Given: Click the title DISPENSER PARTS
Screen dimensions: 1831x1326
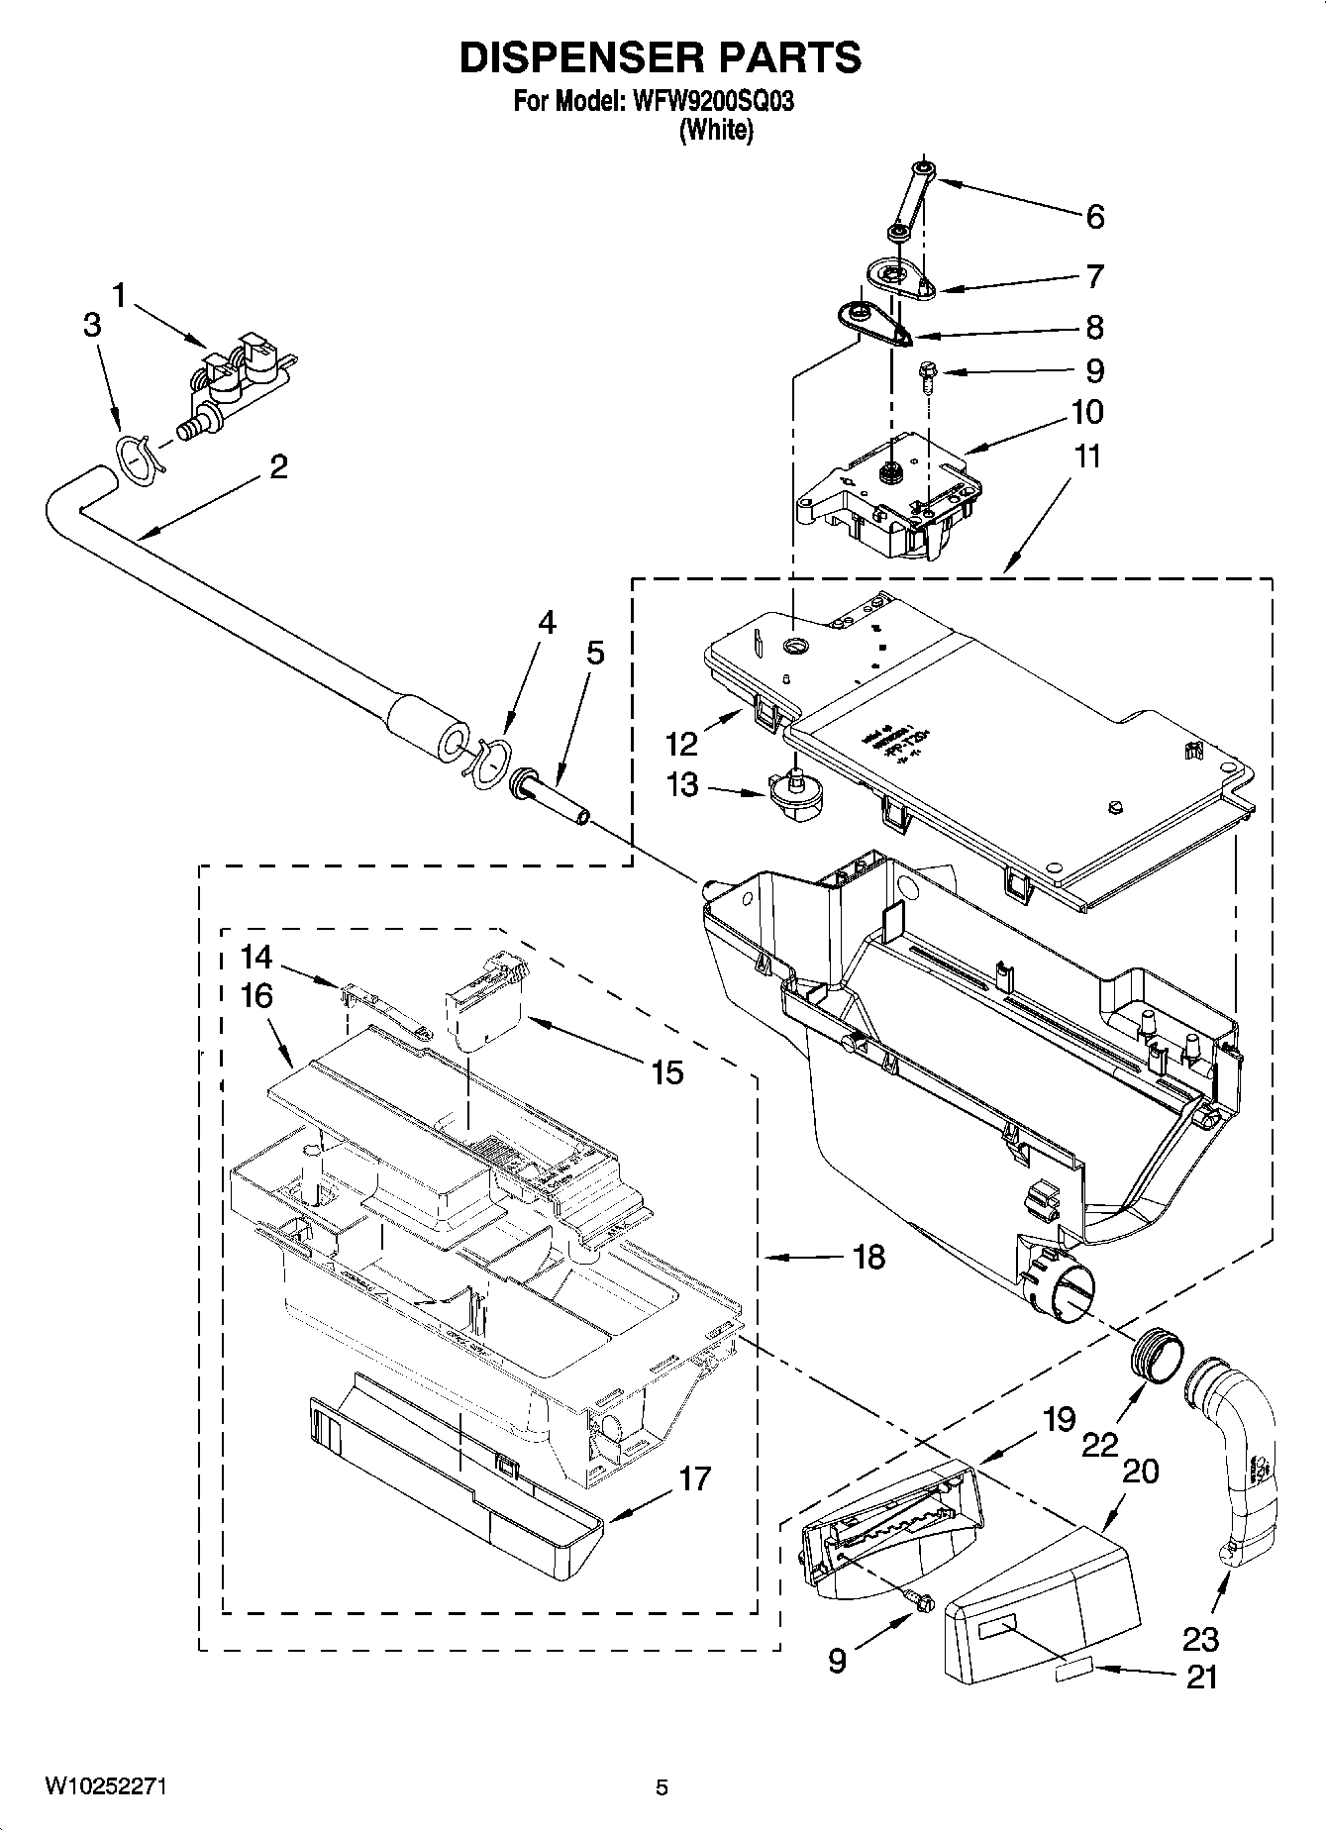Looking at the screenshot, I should coord(661,59).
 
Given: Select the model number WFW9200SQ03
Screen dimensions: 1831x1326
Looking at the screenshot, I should coord(710,102).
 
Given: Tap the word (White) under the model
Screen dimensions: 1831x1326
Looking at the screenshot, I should coord(715,130).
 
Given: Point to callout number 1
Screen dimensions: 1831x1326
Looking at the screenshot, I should coord(120,295).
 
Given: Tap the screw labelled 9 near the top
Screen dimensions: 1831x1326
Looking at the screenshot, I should coord(928,374).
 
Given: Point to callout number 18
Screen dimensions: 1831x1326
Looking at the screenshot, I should coord(868,1258).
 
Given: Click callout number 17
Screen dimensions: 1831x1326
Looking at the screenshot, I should coord(695,1478).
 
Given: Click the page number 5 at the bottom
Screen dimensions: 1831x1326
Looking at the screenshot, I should coord(662,1788).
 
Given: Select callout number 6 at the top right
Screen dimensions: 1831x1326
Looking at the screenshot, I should coord(1094,217).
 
